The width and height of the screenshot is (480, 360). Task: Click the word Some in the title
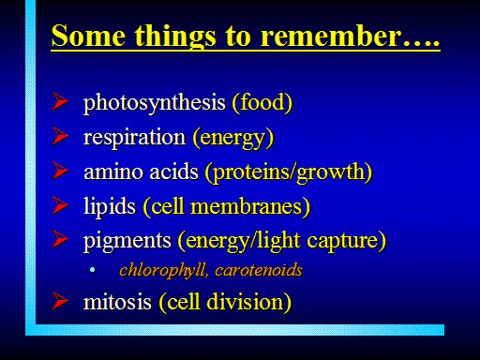(x=89, y=36)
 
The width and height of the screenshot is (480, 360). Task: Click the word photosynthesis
(x=155, y=103)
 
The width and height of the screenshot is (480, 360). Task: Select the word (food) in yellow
(x=262, y=102)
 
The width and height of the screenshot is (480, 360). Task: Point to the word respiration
(x=134, y=137)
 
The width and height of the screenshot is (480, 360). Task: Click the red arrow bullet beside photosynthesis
(x=60, y=101)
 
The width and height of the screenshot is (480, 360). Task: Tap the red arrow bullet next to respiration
(x=60, y=136)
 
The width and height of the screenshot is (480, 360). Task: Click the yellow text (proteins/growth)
(x=289, y=172)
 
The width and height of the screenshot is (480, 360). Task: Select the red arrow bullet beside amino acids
(x=60, y=171)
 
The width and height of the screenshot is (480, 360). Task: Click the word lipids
(x=110, y=206)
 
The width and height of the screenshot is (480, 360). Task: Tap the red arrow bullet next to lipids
(x=60, y=205)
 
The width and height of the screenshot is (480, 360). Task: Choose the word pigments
(x=127, y=241)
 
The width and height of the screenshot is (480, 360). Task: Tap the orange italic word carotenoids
(x=259, y=270)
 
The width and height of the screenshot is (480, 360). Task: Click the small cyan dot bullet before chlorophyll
(x=92, y=269)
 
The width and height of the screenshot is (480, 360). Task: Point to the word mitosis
(x=117, y=302)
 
